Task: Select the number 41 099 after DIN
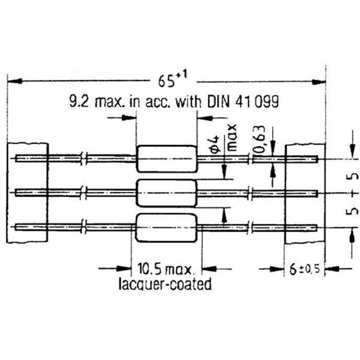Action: (x=257, y=101)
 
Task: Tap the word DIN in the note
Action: (x=218, y=101)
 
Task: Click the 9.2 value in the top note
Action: (x=79, y=101)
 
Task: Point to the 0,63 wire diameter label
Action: (x=260, y=139)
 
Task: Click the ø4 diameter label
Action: (x=214, y=144)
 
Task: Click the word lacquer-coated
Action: (x=165, y=284)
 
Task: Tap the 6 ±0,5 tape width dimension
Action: (x=305, y=269)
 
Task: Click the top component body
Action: (x=167, y=159)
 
